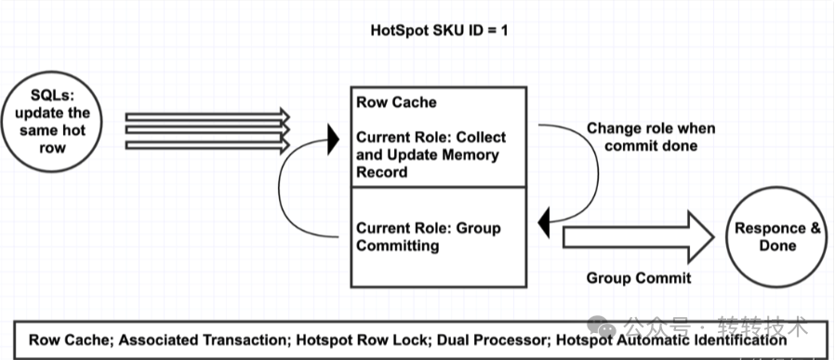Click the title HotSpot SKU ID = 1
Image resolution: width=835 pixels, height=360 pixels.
[439, 31]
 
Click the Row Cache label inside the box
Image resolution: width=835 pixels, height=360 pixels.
[396, 102]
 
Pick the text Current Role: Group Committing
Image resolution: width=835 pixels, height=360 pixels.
[429, 237]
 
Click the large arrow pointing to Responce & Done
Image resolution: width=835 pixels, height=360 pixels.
[638, 237]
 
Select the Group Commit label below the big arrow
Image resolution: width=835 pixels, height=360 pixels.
[639, 278]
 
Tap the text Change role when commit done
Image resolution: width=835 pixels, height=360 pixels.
[651, 137]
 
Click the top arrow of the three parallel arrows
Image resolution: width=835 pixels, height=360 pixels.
[207, 115]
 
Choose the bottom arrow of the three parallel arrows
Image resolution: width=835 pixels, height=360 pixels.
[207, 145]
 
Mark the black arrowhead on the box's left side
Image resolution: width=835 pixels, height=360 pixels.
[334, 140]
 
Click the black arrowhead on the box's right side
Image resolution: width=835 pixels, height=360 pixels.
[544, 223]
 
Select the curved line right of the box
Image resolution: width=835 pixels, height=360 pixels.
[599, 173]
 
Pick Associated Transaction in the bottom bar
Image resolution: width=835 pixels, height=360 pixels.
[204, 340]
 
